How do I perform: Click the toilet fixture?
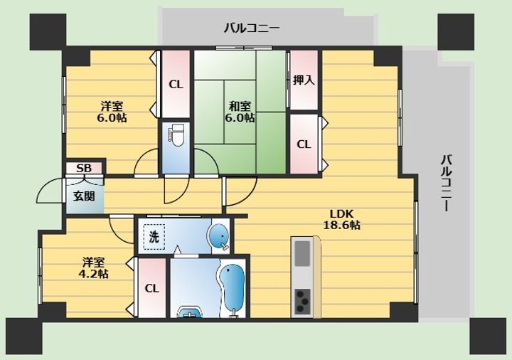point(176,135)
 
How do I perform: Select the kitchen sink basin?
point(302,253)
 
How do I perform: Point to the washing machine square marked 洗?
point(154,237)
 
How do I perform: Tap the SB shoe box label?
point(84,168)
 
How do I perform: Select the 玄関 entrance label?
point(84,196)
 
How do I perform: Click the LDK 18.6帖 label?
point(341,219)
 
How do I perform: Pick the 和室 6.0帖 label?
point(240,112)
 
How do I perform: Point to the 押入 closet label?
point(304,80)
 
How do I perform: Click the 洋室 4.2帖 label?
point(93,268)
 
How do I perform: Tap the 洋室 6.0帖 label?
point(112,112)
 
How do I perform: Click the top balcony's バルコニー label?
point(252,28)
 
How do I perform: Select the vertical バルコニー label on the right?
point(447,184)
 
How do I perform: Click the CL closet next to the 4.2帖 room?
point(152,288)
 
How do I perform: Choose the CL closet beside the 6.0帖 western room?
point(176,84)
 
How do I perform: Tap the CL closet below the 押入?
point(304,144)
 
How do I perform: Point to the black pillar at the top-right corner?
point(456,32)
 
